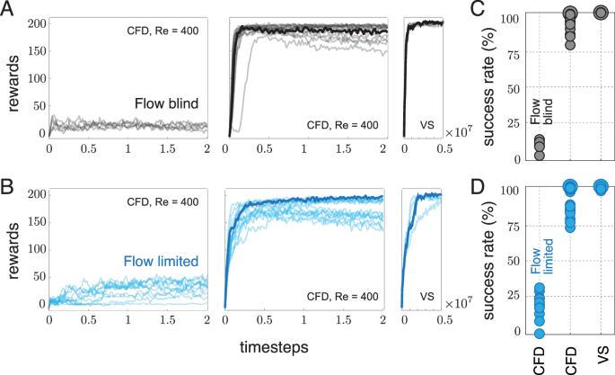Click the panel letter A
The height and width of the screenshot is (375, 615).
tap(8, 10)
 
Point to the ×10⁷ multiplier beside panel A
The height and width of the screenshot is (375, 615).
tap(461, 133)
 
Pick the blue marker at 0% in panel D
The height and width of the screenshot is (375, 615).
tap(539, 332)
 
